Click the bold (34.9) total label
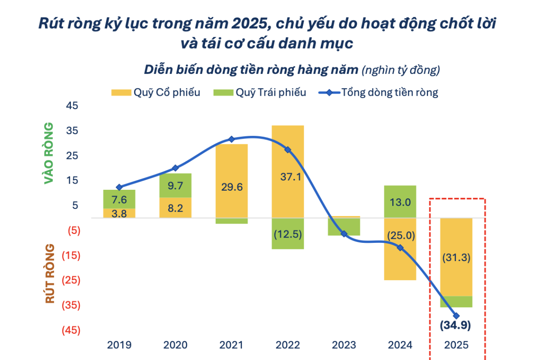click(x=456, y=325)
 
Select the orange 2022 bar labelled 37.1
click(x=288, y=172)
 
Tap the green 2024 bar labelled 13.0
click(x=400, y=201)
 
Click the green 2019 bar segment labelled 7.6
click(x=119, y=199)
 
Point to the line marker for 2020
click(x=175, y=168)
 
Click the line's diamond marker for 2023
click(x=344, y=234)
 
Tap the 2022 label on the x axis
click(x=288, y=345)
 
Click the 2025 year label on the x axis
click(x=456, y=345)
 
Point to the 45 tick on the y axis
click(x=72, y=106)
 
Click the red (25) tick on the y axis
click(x=72, y=280)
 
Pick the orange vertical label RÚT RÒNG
click(x=49, y=274)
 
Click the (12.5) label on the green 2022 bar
click(x=288, y=233)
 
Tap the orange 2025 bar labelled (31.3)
click(x=456, y=257)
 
